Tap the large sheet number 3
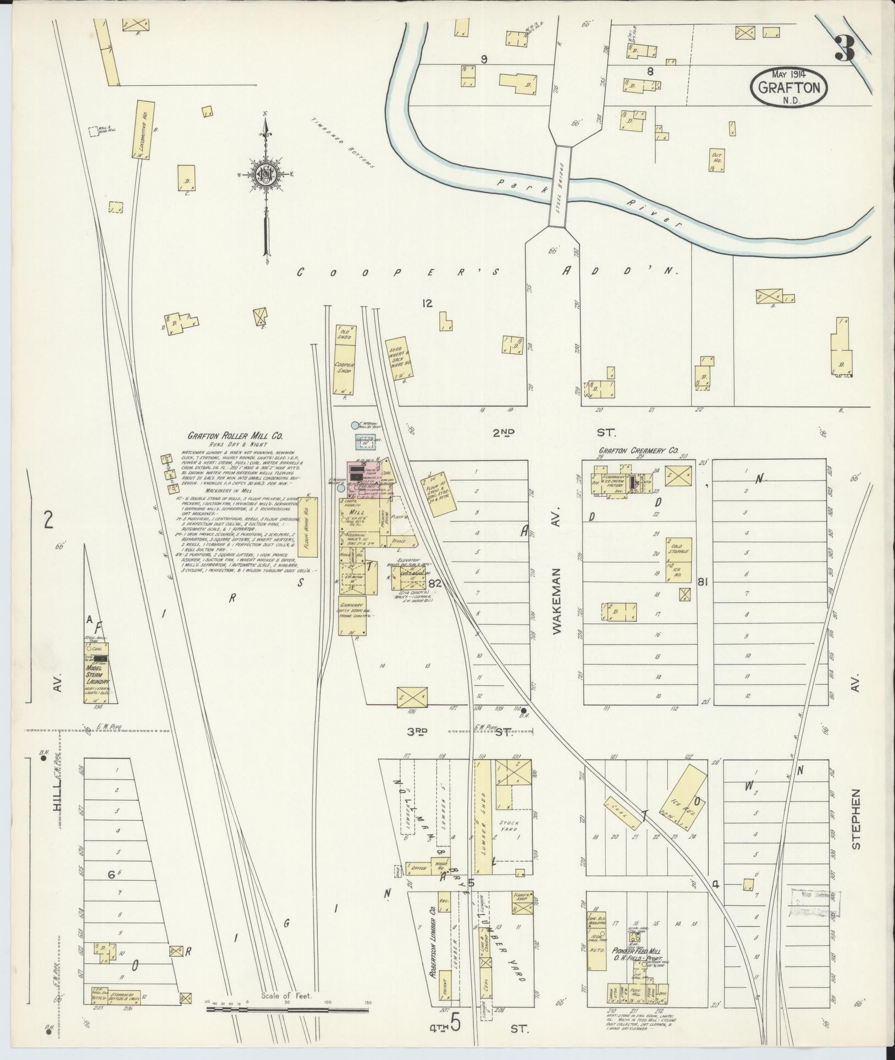(x=844, y=49)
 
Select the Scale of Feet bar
(x=286, y=1009)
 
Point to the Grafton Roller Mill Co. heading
(x=235, y=436)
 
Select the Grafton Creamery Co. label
(x=638, y=451)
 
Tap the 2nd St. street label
(x=550, y=433)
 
